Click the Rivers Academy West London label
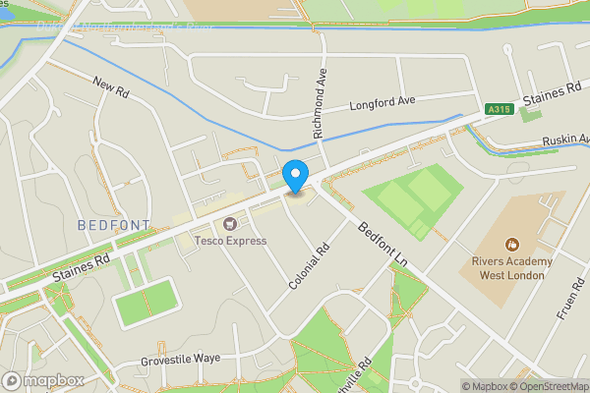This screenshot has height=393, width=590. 510,268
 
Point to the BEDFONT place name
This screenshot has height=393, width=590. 114,226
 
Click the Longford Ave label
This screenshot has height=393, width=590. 383,101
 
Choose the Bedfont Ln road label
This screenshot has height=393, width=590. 383,242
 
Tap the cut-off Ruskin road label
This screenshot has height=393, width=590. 564,141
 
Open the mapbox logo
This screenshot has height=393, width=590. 42,380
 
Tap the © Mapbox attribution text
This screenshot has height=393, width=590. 484,385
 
